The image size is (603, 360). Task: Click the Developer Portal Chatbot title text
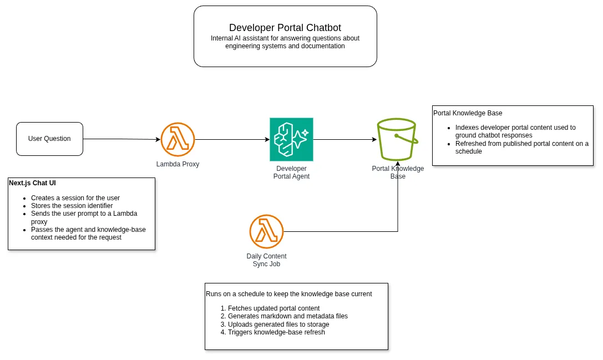point(285,28)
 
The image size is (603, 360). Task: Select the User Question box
point(49,139)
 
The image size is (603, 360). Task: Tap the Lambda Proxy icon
point(178,139)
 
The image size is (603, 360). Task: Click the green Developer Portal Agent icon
point(291,139)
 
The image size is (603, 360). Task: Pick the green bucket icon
point(397,139)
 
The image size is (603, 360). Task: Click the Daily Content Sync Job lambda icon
point(266,231)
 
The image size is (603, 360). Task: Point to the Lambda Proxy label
point(178,164)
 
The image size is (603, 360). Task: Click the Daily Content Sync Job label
point(266,260)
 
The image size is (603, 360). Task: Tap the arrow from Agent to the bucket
point(344,139)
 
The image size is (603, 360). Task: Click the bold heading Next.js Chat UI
point(32,183)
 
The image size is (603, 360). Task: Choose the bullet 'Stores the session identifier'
point(72,206)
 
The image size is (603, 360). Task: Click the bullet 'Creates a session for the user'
point(75,198)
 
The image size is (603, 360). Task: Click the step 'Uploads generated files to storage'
point(278,324)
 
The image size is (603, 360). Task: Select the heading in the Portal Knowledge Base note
point(468,113)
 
